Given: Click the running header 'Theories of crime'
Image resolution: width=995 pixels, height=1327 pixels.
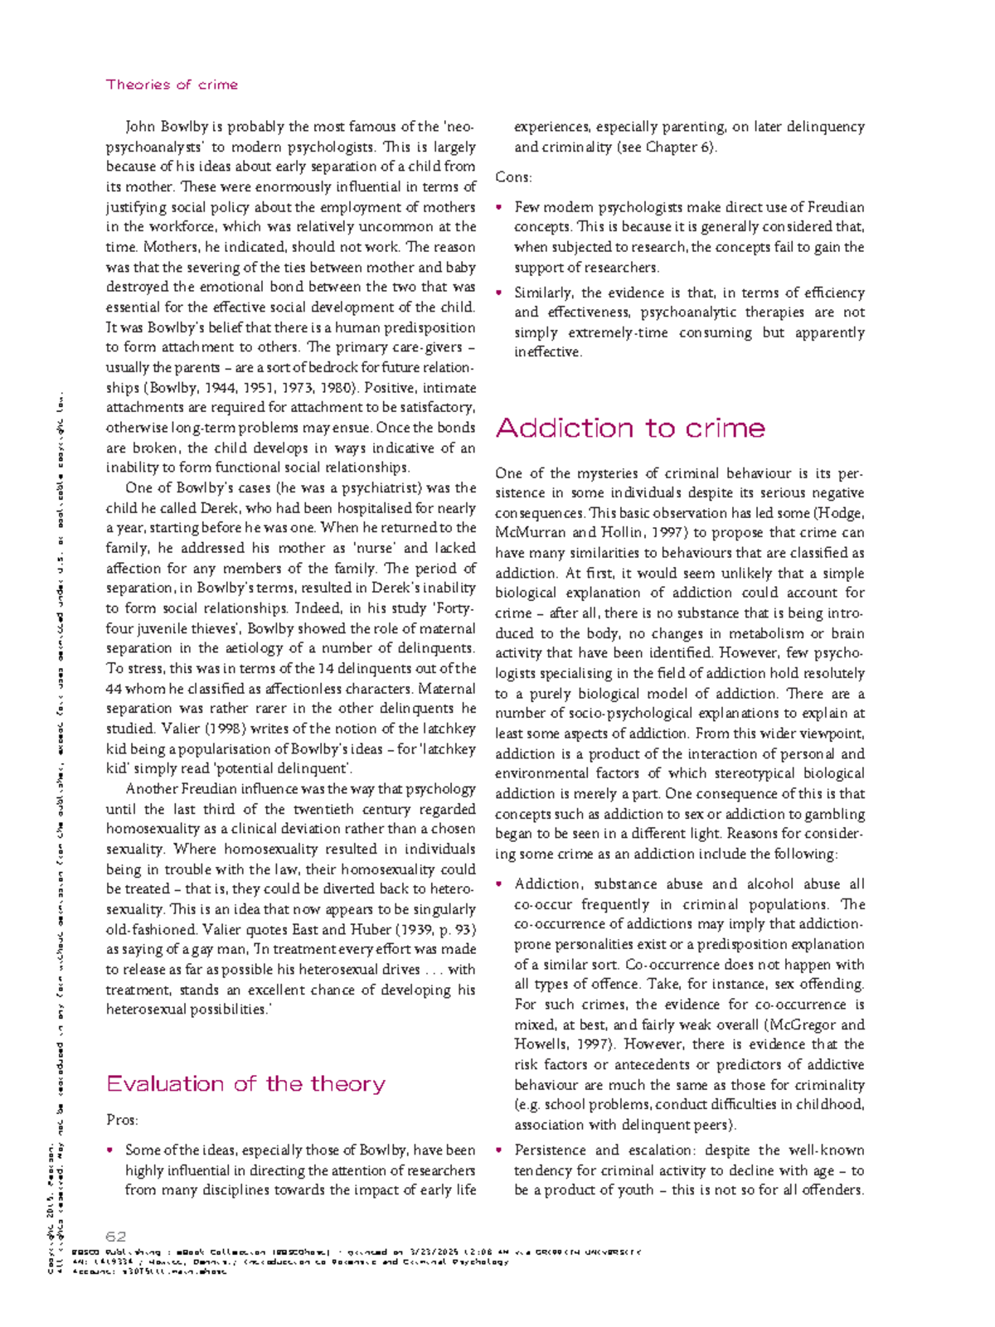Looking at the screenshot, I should pos(172,85).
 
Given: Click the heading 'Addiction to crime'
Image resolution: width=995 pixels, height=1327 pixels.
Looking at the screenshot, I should pos(629,429).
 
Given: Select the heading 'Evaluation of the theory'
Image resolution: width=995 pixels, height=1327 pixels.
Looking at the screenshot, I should pos(245,1084).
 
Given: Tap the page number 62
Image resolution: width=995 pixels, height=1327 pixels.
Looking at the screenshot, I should pos(115,1237).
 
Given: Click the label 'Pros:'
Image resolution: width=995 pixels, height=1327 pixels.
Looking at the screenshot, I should pos(122,1120).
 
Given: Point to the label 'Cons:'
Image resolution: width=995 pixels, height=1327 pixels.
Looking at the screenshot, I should pos(513,177).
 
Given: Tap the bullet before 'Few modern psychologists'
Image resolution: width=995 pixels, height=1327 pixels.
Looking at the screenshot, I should pos(499,208).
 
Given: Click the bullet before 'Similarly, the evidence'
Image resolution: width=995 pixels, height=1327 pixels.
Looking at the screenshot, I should pos(499,293).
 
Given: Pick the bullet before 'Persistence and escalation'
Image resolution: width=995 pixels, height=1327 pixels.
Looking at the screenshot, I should pos(499,1150).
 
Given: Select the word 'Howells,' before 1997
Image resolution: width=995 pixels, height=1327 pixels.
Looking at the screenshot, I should pos(540,1044).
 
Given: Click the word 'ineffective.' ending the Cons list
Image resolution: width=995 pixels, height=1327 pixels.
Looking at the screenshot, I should pos(548,352).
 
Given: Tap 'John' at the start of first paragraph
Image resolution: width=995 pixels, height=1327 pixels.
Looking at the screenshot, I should pos(140,127).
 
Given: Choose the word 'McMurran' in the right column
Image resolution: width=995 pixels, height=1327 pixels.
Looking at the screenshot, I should pos(527,533).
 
